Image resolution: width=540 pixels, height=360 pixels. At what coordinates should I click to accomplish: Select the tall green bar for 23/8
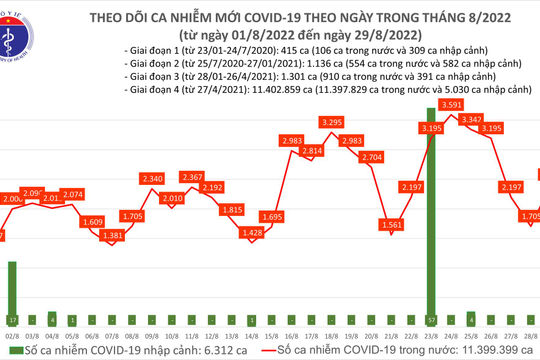coord(430,215)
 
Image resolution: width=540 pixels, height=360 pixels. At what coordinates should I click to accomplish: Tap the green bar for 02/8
coord(12,290)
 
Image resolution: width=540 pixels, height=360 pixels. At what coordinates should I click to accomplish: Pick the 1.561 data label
coord(392,226)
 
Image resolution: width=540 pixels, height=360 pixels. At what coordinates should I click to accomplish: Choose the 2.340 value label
coord(153,178)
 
